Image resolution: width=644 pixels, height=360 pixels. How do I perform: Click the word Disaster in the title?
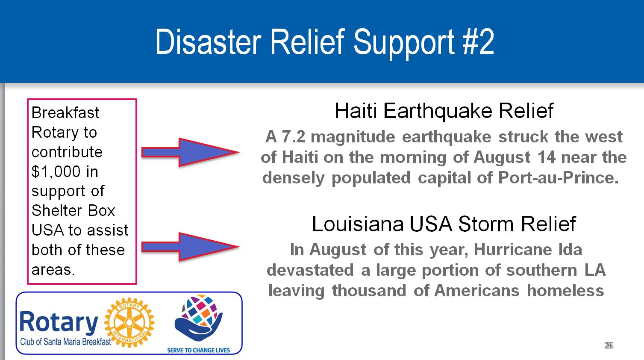click(x=208, y=42)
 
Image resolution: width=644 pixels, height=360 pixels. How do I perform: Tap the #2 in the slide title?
click(x=478, y=42)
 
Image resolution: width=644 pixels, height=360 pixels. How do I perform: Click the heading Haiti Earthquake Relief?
click(x=444, y=111)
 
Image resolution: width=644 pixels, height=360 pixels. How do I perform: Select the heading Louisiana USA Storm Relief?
click(x=444, y=224)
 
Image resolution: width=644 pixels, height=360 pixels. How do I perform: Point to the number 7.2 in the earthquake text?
click(x=293, y=136)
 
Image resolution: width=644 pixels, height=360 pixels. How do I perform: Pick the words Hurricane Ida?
click(x=528, y=249)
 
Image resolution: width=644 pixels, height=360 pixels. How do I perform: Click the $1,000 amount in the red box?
click(x=56, y=172)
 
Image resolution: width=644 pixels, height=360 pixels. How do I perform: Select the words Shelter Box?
click(x=74, y=211)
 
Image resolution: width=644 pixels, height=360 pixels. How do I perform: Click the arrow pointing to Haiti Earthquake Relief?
click(x=190, y=152)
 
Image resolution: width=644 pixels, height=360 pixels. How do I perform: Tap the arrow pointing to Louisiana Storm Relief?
click(x=190, y=247)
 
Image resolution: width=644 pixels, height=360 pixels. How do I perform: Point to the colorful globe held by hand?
click(x=199, y=317)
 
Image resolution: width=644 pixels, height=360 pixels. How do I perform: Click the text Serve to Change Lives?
click(x=198, y=350)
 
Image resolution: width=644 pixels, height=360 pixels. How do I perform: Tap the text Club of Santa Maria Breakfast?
click(x=65, y=342)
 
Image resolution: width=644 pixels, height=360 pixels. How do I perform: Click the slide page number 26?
click(x=609, y=345)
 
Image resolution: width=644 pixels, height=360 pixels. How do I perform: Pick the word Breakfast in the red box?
click(x=65, y=112)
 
